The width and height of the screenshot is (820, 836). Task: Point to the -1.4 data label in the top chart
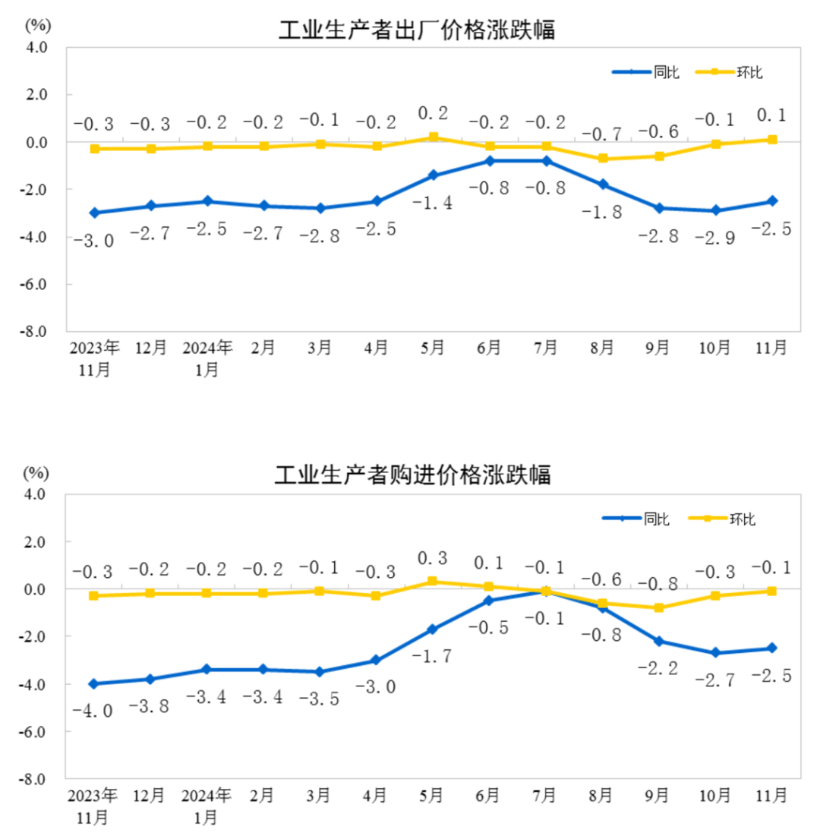point(433,203)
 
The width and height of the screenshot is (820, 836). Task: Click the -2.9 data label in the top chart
point(716,239)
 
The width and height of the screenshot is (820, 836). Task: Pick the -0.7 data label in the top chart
point(601,134)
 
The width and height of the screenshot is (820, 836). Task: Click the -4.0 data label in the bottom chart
point(92,711)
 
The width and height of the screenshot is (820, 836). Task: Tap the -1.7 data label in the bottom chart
point(432,655)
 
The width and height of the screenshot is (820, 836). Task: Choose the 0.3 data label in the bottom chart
point(432,558)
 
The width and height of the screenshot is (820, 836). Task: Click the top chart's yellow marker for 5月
point(433,137)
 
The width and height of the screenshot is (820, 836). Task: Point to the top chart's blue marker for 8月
point(603,185)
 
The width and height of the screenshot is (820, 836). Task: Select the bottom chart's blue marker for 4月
point(375,661)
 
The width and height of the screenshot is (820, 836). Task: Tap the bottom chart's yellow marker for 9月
point(658,607)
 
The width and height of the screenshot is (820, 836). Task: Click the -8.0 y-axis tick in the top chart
point(36,332)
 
